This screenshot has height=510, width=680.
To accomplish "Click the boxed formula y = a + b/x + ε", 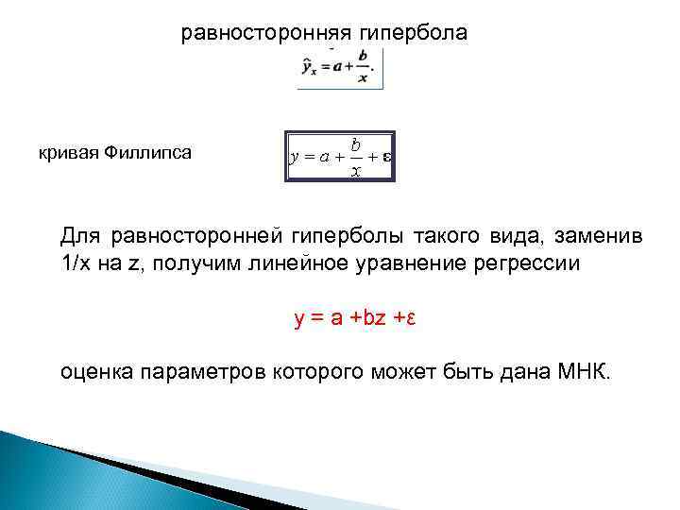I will point(340,157).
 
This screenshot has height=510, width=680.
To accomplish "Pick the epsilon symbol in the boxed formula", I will point(386,158).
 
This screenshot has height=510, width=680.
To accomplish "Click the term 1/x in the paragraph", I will point(76,263).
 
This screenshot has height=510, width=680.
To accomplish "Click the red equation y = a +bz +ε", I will point(355,318).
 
